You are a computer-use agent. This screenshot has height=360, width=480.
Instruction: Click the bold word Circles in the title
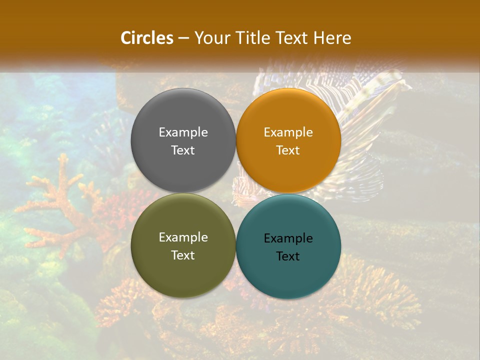coord(147,38)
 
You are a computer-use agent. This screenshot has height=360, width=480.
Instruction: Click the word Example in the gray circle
coord(183,132)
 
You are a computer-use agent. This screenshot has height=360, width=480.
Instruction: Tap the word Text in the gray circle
coord(183,150)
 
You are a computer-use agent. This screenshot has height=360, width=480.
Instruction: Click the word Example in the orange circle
coord(288,132)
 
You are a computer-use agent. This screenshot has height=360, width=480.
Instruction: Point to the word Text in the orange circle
coord(288,150)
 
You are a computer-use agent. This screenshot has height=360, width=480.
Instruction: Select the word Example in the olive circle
coord(183,237)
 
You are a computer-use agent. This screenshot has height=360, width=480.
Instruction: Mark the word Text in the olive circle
coord(183,255)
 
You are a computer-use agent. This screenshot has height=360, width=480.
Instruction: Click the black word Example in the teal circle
coord(288,238)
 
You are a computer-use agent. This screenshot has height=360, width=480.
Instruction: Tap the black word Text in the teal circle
coord(288,256)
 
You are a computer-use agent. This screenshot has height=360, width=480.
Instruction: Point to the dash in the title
coord(183,38)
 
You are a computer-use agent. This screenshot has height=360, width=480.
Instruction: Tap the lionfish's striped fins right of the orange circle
coord(370,115)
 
